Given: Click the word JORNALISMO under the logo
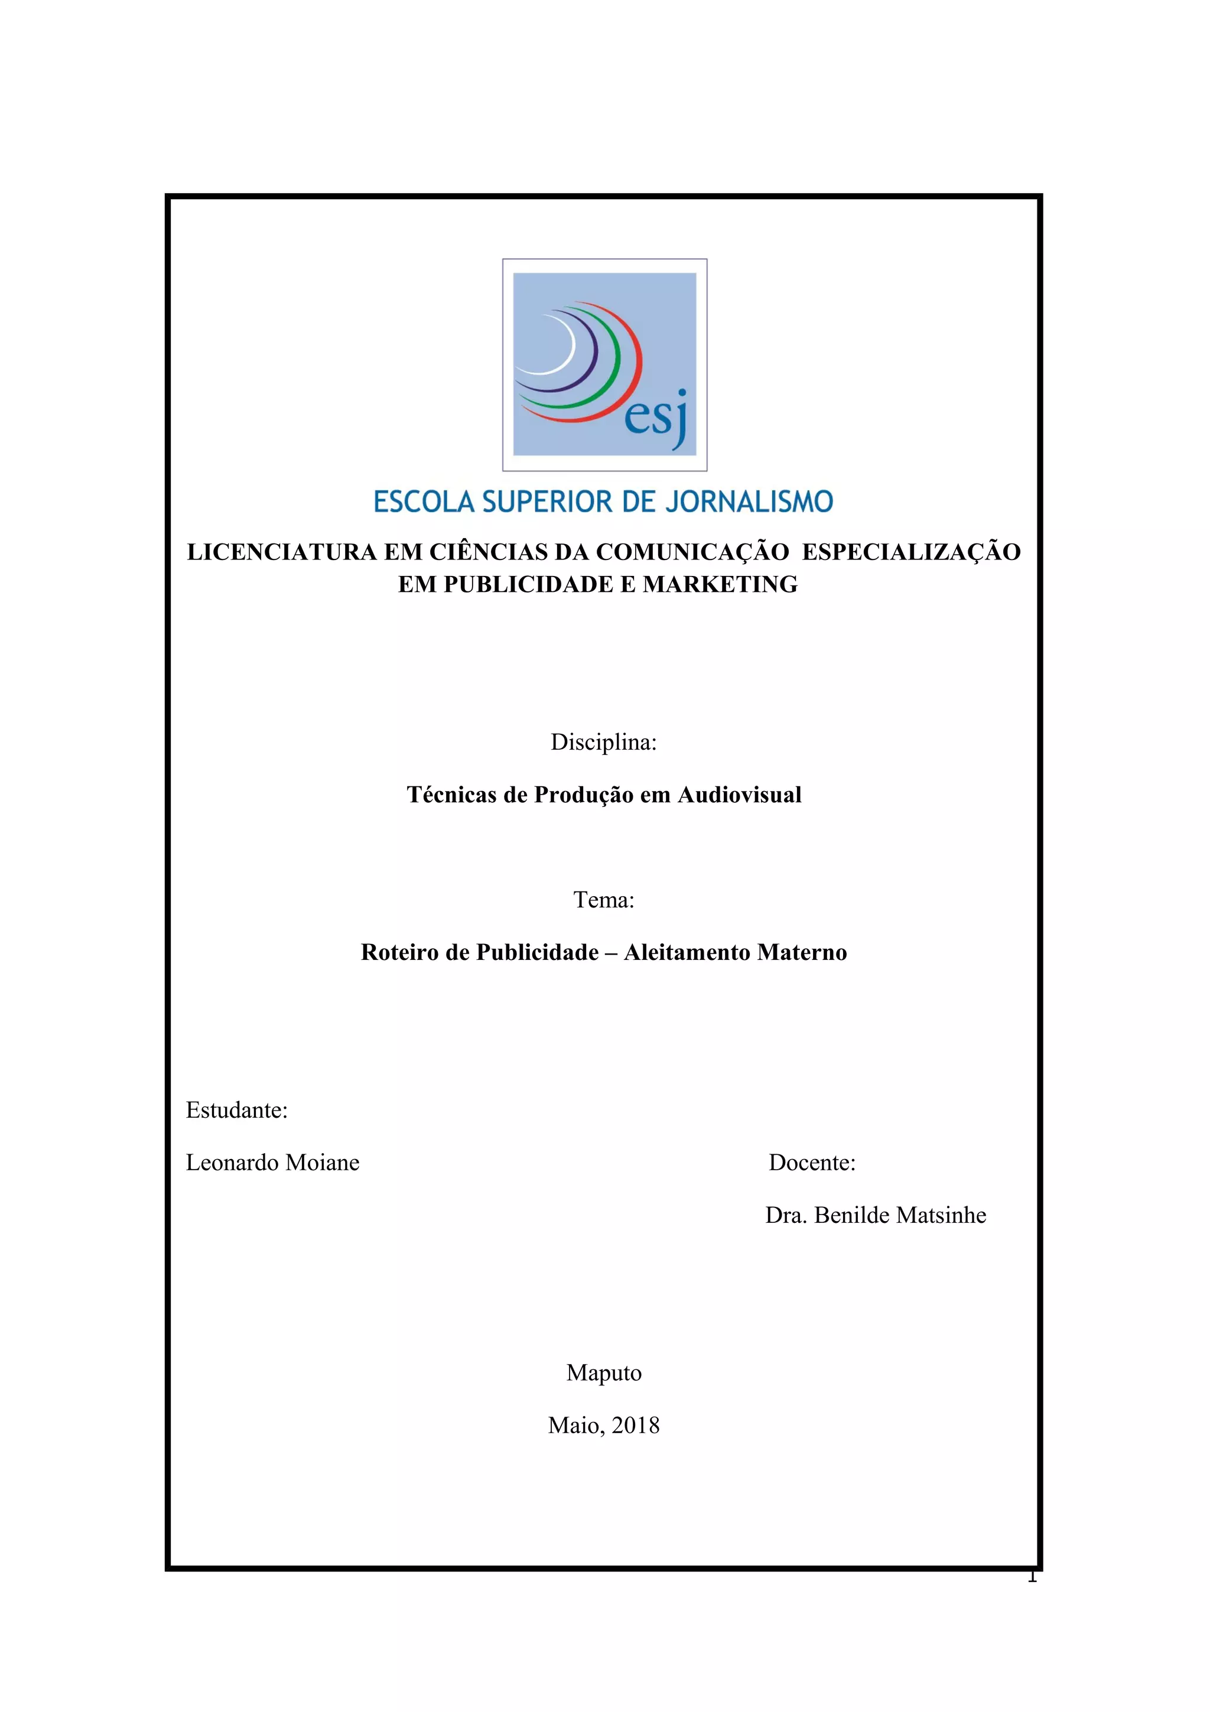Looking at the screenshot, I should [749, 502].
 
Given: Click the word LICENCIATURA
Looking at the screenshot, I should [282, 552].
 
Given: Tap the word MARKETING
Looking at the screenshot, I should [720, 585].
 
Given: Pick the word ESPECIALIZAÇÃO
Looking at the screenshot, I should [910, 552].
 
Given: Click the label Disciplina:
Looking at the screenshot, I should [604, 743].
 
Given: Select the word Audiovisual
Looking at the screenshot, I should [739, 795].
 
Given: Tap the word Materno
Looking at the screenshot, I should [802, 953].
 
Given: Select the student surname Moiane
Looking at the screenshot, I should [323, 1163].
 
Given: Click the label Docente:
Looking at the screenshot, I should [812, 1163].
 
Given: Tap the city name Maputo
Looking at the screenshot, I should [604, 1373].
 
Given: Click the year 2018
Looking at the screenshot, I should [635, 1425].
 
